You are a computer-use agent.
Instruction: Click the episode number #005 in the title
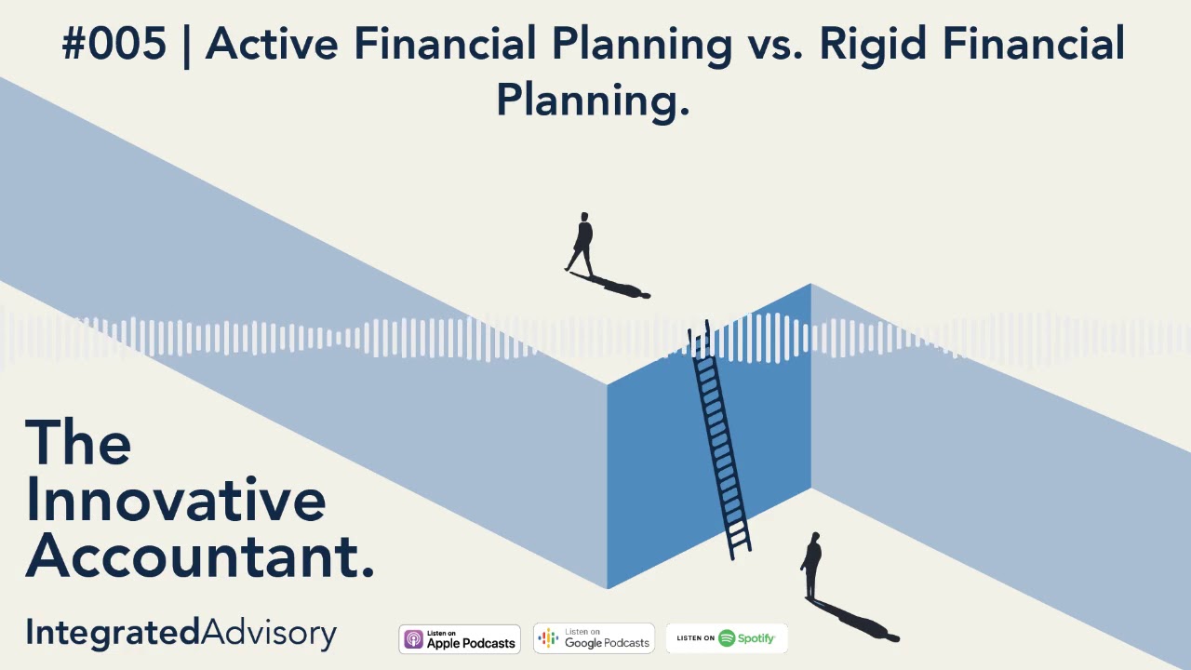tap(114, 44)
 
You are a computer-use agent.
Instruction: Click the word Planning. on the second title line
tap(593, 98)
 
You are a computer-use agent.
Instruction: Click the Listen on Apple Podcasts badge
tap(460, 639)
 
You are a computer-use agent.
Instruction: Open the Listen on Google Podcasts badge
tap(594, 638)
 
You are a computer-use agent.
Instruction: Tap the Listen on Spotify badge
tap(727, 638)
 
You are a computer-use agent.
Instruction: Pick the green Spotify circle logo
tap(727, 638)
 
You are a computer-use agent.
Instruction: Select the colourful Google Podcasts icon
tap(549, 638)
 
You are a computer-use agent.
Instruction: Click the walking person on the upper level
tap(582, 244)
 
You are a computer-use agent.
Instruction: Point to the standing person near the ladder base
tap(812, 566)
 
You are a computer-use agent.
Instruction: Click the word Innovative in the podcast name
tap(176, 500)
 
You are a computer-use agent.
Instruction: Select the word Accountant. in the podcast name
tap(200, 556)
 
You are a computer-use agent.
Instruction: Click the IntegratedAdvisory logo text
tap(181, 634)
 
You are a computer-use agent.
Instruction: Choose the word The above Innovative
tap(78, 443)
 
